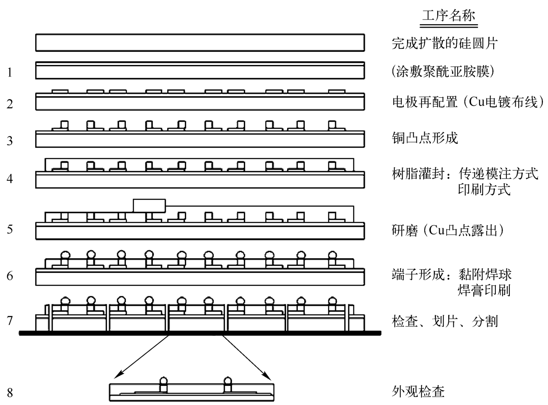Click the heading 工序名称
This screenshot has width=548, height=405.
pos(448,15)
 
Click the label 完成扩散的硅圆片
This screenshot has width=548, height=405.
pos(445,43)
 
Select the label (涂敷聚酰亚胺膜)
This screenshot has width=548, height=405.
pos(443,72)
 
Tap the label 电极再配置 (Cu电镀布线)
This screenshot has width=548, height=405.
pos(468,102)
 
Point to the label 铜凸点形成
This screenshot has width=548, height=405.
pos(425,138)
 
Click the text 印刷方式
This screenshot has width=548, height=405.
pos(484,190)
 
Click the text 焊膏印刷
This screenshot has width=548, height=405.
pos(484,290)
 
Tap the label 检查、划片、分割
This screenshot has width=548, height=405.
pos(445,321)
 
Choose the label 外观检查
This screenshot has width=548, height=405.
pos(418,392)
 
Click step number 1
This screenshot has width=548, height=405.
pos(10,73)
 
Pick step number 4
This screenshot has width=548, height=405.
pos(10,178)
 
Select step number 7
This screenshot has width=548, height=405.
pos(10,321)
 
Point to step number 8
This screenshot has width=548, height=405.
pos(10,393)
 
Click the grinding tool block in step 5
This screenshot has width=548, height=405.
pos(149,206)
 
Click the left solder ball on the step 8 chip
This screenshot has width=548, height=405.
pos(164,381)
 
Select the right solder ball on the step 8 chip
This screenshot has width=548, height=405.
pos(227,381)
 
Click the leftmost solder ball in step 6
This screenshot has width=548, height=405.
pos(65,255)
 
